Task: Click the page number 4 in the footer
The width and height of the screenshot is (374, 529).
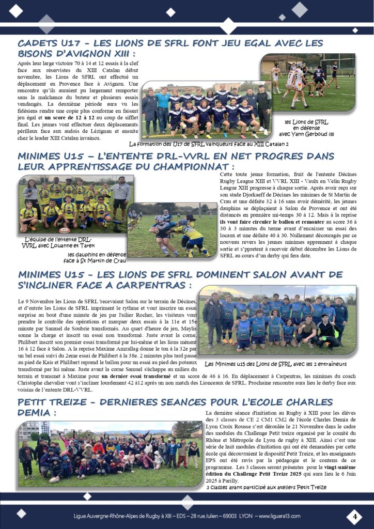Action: (354, 516)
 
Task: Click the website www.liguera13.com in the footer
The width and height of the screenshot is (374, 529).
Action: (282, 517)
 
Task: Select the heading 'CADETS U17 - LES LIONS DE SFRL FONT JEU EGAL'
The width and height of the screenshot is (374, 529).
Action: (170, 43)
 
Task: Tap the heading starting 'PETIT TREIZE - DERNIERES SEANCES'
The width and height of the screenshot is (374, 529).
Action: (176, 402)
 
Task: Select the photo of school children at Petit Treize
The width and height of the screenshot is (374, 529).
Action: (110, 454)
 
